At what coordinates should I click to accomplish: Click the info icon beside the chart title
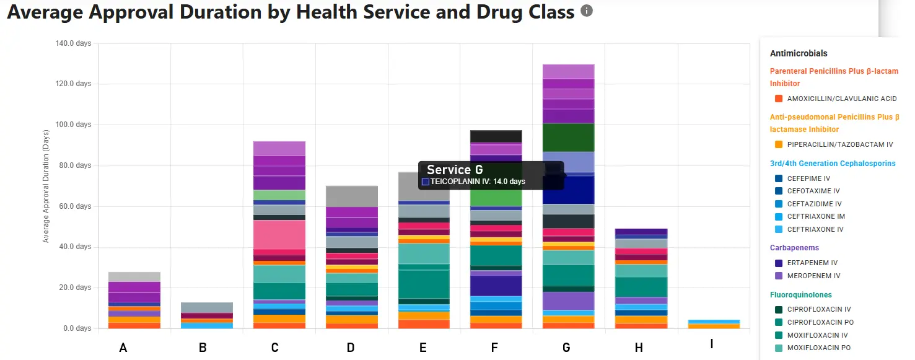587,11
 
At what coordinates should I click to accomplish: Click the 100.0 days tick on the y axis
74,125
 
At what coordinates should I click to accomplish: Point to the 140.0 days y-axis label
74,43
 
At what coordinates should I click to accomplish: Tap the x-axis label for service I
711,343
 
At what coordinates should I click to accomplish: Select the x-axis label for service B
203,348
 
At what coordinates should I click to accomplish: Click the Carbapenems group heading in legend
794,248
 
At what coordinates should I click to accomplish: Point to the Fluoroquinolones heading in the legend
800,295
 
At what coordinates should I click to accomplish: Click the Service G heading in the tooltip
455,170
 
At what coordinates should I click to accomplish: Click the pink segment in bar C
279,234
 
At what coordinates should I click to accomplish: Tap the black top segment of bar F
496,136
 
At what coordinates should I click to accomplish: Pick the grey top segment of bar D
351,196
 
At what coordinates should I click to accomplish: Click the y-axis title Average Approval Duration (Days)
46,186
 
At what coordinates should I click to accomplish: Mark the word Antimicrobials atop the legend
799,53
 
